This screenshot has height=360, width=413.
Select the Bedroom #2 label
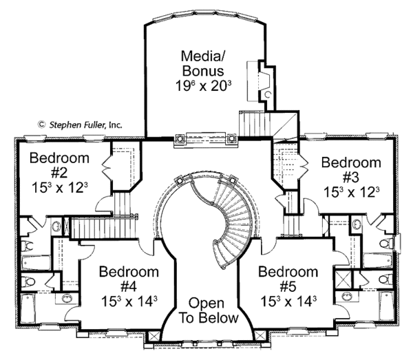pos(59,165)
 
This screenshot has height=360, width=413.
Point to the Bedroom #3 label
pos(351,170)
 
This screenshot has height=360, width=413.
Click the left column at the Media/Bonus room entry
pos(180,138)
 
